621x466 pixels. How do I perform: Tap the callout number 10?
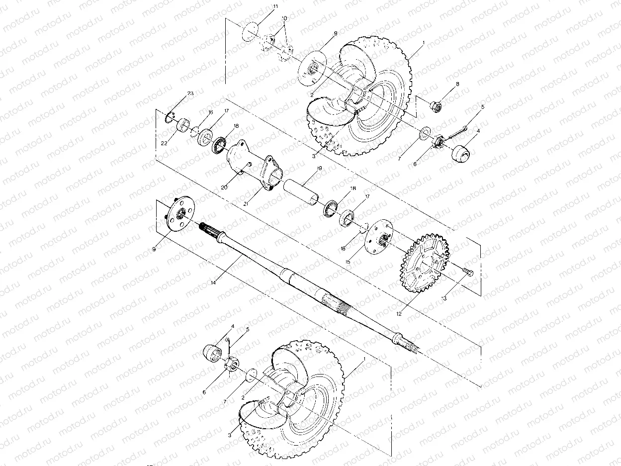click(284, 18)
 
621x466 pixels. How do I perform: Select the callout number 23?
click(190, 93)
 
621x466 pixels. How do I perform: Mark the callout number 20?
click(224, 187)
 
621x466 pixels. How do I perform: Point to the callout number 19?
click(319, 169)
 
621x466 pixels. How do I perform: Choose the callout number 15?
click(348, 262)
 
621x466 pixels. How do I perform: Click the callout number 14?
click(213, 282)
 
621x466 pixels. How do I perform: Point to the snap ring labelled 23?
click(169, 117)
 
